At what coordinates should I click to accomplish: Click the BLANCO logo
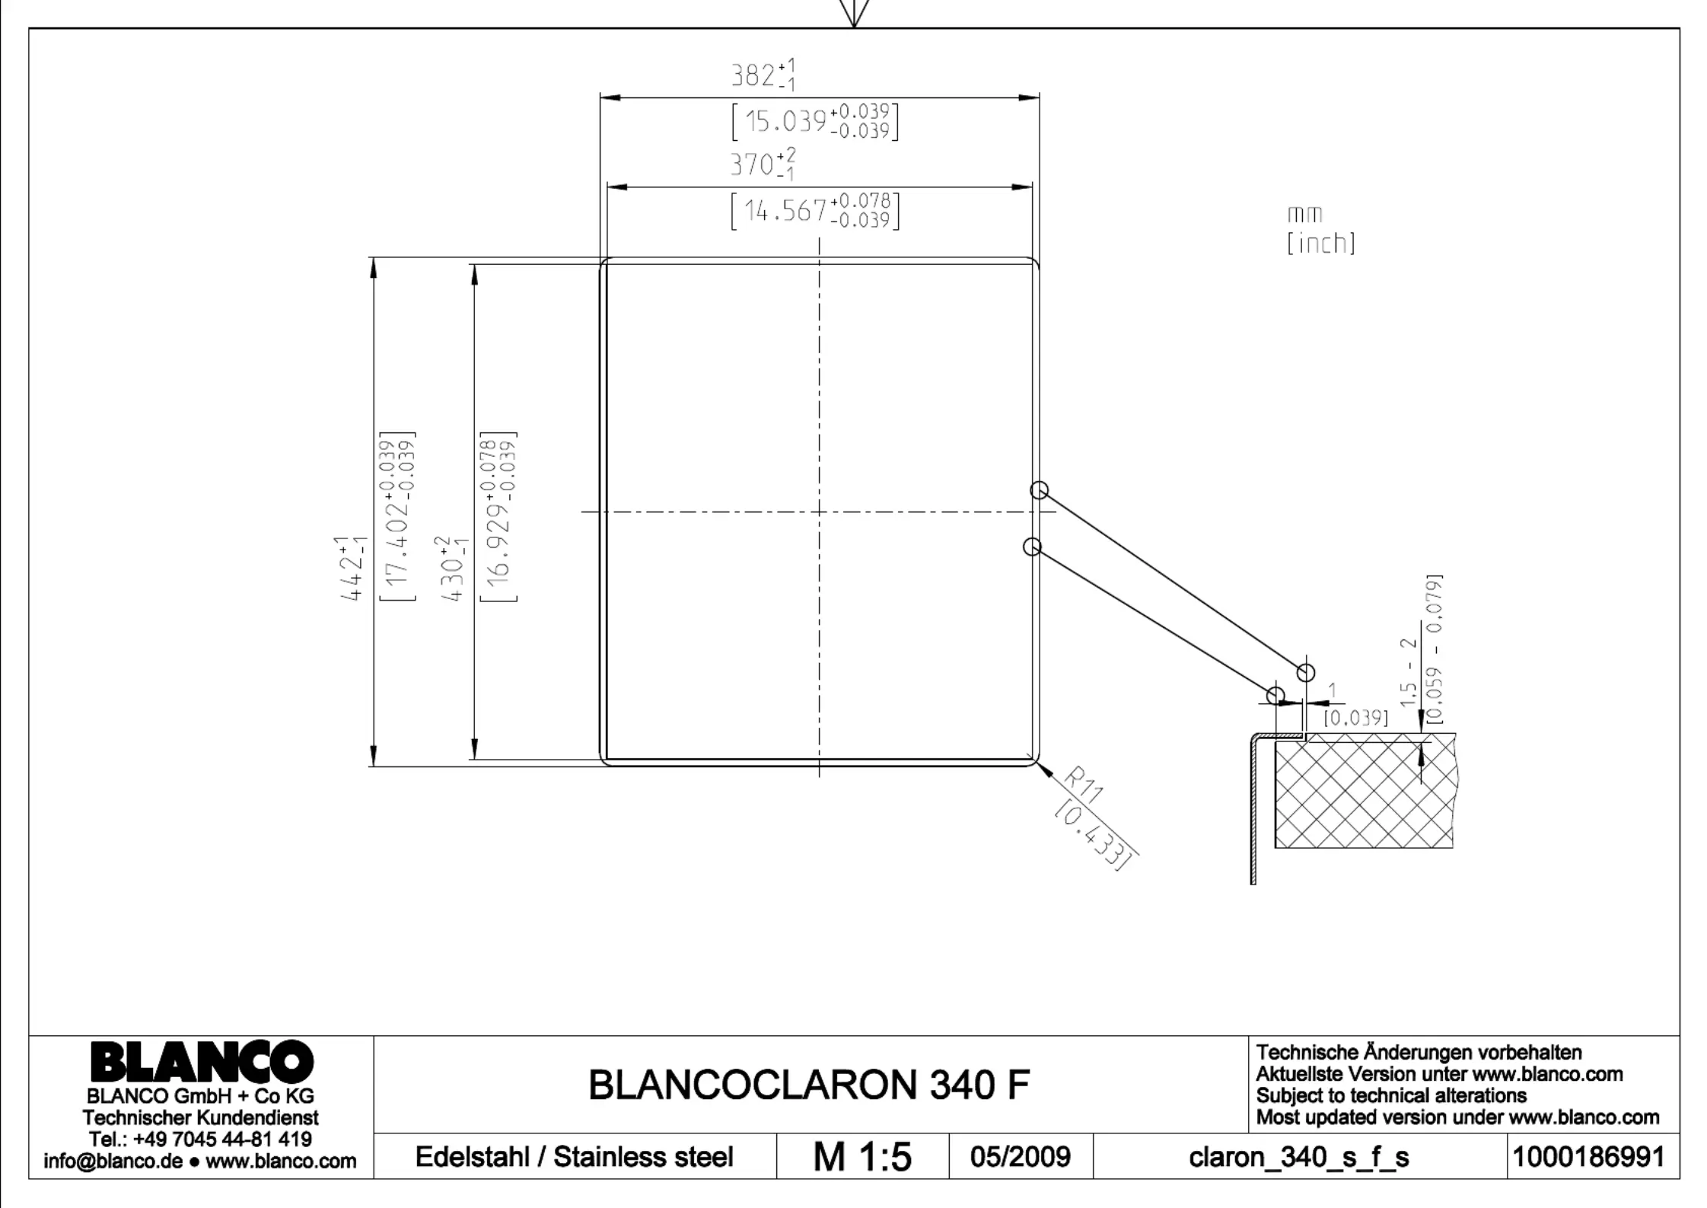[202, 1061]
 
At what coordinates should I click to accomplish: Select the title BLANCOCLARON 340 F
[809, 1085]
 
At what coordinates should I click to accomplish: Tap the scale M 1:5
[861, 1157]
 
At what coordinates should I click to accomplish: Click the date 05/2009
[1020, 1157]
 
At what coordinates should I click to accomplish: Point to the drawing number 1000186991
[1588, 1157]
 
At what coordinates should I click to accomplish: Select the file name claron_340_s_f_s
[1298, 1158]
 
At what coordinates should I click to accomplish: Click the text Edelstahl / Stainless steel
[574, 1157]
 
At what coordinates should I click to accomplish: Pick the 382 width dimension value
[763, 75]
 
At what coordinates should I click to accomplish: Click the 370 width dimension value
[763, 164]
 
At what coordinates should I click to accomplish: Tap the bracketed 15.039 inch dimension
[814, 121]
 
